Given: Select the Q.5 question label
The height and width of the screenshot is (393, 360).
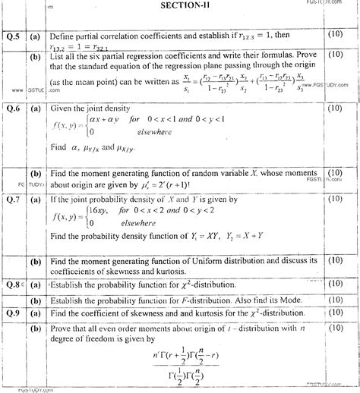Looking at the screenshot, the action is click(13, 35).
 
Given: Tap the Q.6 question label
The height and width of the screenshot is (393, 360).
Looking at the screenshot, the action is click(13, 107).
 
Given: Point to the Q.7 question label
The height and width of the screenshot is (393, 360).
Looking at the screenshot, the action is click(13, 199).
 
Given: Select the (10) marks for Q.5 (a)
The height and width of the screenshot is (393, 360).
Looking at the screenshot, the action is click(334, 34).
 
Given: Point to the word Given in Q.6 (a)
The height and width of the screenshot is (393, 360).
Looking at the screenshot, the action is click(63, 108).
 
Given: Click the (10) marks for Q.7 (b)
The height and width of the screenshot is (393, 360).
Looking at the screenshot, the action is click(334, 260).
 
